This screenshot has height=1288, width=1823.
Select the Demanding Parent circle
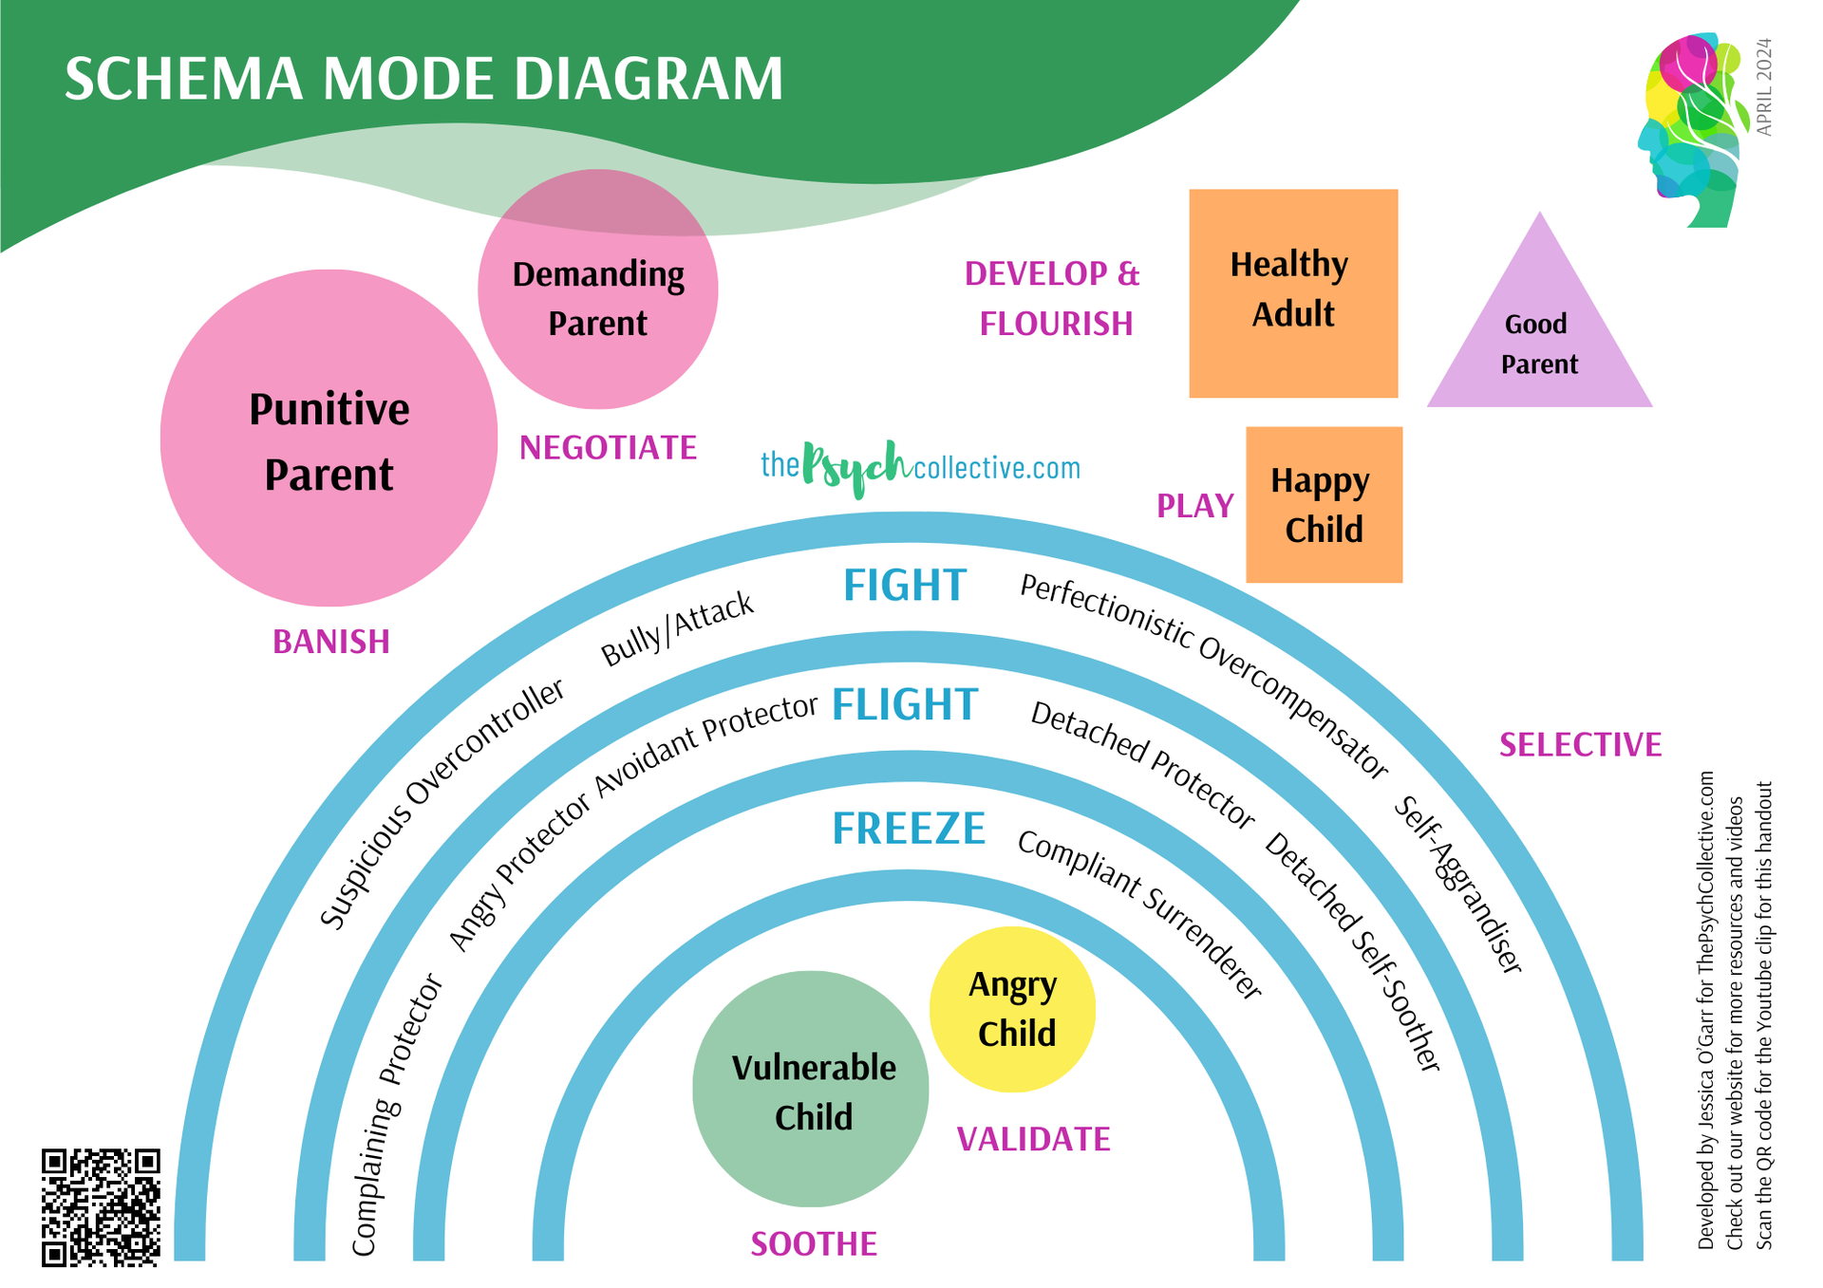[597, 290]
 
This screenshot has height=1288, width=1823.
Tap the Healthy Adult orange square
[1293, 293]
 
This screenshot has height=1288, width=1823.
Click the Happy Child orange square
[1324, 504]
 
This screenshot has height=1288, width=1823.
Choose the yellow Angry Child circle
[1012, 1009]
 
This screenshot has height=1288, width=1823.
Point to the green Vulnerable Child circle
[812, 1090]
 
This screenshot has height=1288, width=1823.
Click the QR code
[101, 1207]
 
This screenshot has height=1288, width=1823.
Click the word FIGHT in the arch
[905, 586]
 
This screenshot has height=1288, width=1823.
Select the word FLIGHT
[904, 705]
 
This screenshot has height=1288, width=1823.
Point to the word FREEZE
[909, 829]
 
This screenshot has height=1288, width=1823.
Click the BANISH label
[331, 643]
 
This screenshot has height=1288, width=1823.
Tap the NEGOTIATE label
[608, 448]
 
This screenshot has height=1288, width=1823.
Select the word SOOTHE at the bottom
[814, 1244]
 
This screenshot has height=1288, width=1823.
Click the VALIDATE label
[1033, 1140]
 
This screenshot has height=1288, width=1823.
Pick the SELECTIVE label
[1580, 745]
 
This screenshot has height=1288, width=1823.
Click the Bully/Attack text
[677, 628]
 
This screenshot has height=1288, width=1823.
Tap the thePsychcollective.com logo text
[920, 466]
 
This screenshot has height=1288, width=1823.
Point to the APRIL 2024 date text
[1763, 87]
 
